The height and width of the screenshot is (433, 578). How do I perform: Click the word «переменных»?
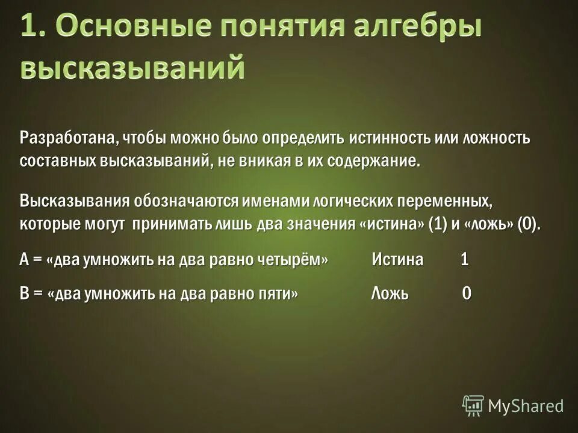[440, 200]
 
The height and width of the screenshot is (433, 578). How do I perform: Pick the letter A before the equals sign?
[25, 260]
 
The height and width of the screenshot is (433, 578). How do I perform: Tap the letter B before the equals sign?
[25, 293]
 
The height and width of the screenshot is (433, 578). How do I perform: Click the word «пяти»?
[276, 293]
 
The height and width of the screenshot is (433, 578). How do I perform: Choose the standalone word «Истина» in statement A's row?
[397, 260]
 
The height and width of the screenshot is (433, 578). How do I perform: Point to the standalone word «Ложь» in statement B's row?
[390, 293]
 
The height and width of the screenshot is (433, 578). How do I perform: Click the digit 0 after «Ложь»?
[466, 293]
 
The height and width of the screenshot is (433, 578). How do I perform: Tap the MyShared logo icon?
[473, 405]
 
